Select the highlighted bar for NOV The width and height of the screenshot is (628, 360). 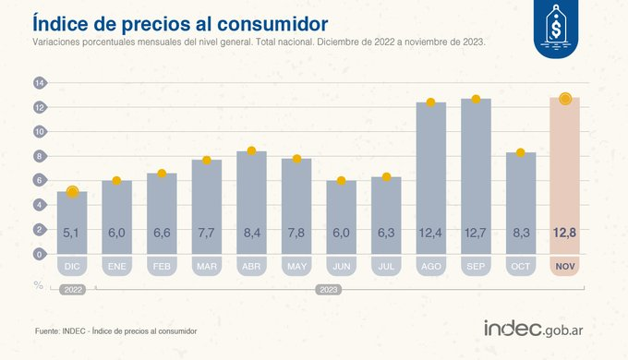pyautogui.click(x=564, y=175)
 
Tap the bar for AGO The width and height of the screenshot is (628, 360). pyautogui.click(x=430, y=175)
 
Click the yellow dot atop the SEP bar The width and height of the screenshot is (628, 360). pyautogui.click(x=476, y=99)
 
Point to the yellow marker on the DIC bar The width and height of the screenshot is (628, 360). pyautogui.click(x=73, y=192)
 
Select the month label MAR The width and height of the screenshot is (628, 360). pyautogui.click(x=206, y=267)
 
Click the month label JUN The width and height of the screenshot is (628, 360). pyautogui.click(x=341, y=267)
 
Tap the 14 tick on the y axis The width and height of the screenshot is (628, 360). pyautogui.click(x=40, y=83)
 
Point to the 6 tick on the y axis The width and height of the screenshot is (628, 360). pyautogui.click(x=40, y=180)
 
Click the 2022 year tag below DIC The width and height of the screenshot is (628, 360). pyautogui.click(x=73, y=289)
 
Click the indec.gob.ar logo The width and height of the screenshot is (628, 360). pyautogui.click(x=540, y=328)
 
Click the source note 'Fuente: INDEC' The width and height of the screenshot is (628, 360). pyautogui.click(x=115, y=330)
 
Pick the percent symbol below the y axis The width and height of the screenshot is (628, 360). pyautogui.click(x=40, y=285)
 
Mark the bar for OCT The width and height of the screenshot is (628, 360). pyautogui.click(x=520, y=203)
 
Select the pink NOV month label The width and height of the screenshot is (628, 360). pyautogui.click(x=564, y=267)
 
